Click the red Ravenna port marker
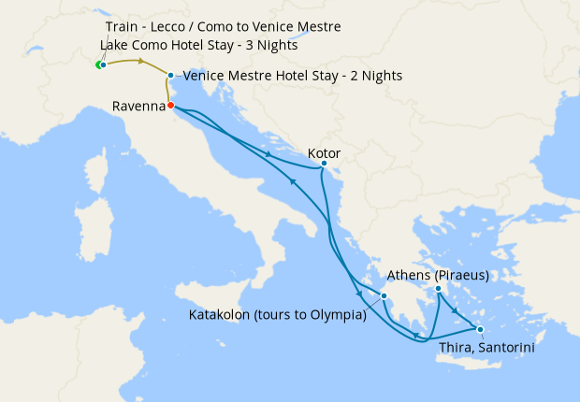click(x=170, y=106)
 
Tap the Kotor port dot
click(x=324, y=164)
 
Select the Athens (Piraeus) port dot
click(x=437, y=289)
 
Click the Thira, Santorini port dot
click(x=479, y=329)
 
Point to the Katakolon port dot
click(x=384, y=297)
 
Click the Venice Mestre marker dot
click(x=170, y=75)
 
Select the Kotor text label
click(x=324, y=152)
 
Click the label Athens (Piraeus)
click(x=438, y=276)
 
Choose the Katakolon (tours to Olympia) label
click(x=277, y=315)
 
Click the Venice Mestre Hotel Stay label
click(x=293, y=76)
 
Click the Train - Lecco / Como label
click(x=223, y=27)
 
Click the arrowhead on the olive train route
click(x=141, y=62)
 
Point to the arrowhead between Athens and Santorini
click(x=456, y=312)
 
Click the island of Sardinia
click(x=91, y=230)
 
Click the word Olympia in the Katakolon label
click(x=337, y=315)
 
